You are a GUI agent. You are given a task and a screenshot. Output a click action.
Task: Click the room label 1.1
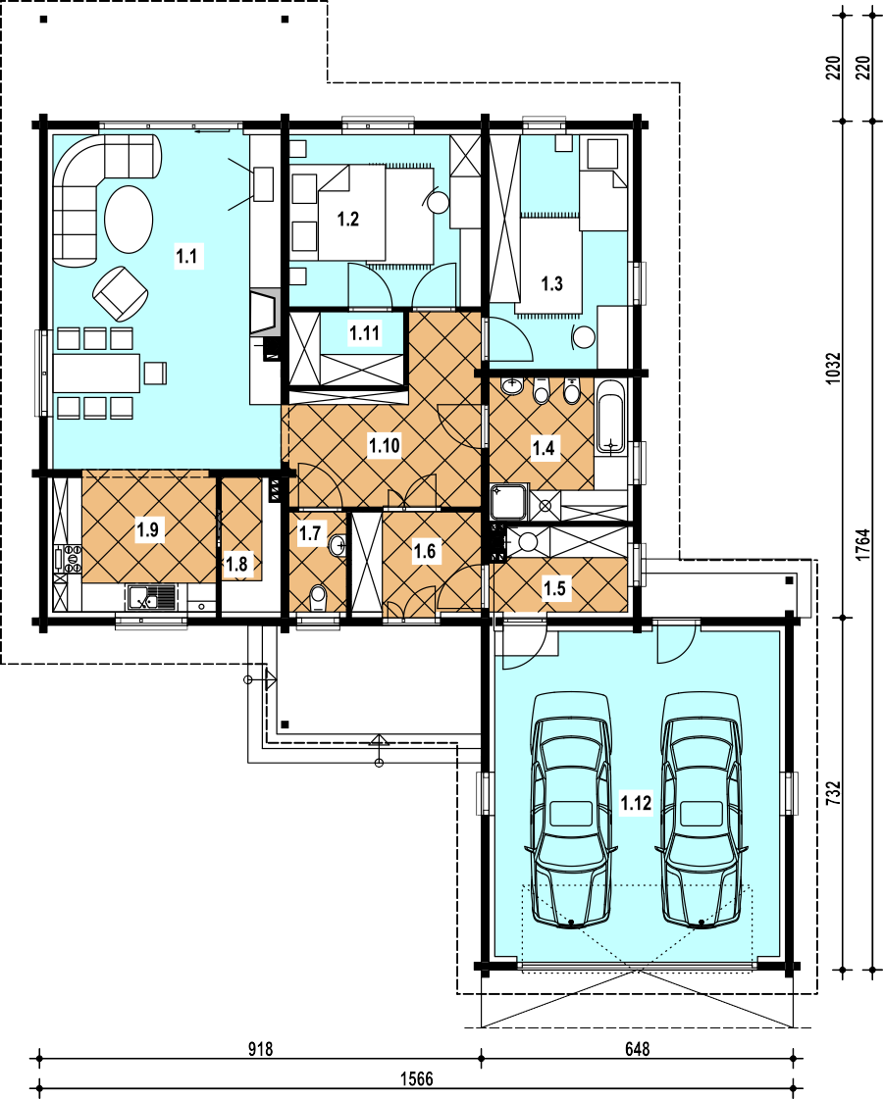[186, 256]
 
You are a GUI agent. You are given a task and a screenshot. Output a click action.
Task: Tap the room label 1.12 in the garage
[636, 803]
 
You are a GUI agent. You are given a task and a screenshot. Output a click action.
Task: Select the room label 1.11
[365, 333]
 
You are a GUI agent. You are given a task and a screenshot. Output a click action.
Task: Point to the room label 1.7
[309, 533]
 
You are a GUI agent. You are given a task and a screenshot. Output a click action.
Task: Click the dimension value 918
[260, 1049]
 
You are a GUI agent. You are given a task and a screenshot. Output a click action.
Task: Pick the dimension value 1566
[417, 1078]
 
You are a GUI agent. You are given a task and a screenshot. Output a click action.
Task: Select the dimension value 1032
[833, 368]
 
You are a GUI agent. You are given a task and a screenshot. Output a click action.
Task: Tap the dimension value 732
[833, 793]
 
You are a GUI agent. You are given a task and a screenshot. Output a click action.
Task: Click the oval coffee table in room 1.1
[129, 219]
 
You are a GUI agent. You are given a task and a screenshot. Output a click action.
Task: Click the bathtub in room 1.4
[611, 417]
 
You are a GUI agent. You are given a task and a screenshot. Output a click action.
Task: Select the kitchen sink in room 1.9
[151, 598]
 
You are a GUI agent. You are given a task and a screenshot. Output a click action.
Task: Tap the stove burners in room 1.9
[73, 559]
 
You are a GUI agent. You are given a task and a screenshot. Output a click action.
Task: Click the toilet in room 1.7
[319, 598]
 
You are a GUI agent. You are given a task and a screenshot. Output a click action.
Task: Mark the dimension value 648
[637, 1049]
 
